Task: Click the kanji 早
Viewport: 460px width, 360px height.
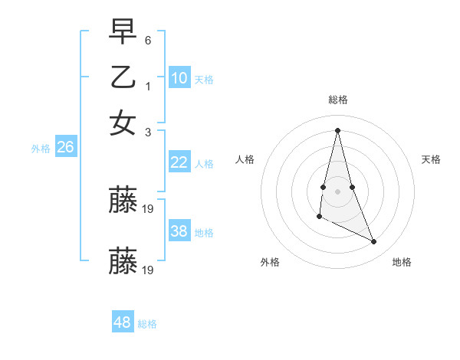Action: (x=123, y=31)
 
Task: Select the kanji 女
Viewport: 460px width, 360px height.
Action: (x=123, y=123)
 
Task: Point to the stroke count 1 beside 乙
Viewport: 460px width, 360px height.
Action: (x=148, y=87)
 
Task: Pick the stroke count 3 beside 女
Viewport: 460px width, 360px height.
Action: (x=148, y=132)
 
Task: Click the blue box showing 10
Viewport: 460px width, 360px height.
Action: (x=179, y=78)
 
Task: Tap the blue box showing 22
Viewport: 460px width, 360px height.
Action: (x=179, y=162)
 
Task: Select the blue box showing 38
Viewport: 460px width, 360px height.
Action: (x=179, y=231)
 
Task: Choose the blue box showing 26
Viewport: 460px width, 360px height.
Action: (x=65, y=148)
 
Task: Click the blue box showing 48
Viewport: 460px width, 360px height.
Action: (x=123, y=322)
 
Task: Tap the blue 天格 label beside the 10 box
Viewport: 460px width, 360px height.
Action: (x=204, y=80)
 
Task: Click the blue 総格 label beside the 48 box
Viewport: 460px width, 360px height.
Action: (x=147, y=324)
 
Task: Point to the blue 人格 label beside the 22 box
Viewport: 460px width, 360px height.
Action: (x=204, y=164)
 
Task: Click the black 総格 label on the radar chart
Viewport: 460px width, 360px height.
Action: (x=338, y=100)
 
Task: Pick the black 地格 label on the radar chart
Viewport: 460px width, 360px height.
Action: (x=402, y=262)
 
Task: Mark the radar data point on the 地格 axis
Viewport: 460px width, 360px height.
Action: (x=374, y=242)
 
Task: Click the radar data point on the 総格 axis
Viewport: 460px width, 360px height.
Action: (x=337, y=129)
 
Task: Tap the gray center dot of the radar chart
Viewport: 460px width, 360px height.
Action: (x=337, y=191)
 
